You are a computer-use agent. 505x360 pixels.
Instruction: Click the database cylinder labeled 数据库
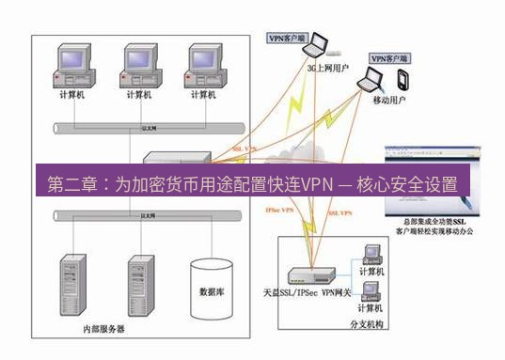point(212,287)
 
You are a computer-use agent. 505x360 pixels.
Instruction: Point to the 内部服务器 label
point(103,330)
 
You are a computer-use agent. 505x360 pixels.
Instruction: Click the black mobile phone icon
point(404,76)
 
